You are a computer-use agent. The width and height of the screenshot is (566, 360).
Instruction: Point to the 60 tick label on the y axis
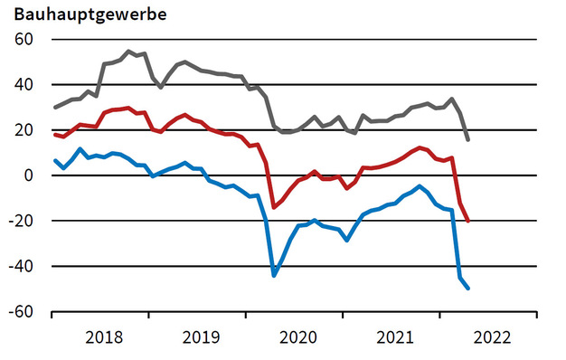[22, 40]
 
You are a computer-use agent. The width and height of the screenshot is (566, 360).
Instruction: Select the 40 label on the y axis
[22, 85]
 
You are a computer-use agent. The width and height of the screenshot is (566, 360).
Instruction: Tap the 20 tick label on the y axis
[22, 130]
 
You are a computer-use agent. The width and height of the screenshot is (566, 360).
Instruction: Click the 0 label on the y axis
[27, 175]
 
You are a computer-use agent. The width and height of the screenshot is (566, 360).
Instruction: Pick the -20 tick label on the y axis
[18, 222]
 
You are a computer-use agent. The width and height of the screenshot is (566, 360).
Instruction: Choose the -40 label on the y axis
[18, 267]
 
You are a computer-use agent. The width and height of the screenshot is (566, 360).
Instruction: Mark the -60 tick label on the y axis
[18, 312]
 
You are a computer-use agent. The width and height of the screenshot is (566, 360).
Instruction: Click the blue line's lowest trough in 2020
[275, 274]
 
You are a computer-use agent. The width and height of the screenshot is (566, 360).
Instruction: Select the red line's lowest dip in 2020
[275, 207]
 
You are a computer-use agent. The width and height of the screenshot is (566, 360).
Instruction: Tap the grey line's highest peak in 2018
[128, 52]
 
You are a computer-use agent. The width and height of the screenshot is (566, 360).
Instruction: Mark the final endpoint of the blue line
[467, 288]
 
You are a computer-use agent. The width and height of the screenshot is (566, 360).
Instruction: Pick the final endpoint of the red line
[467, 221]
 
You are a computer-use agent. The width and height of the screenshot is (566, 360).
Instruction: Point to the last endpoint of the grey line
[467, 139]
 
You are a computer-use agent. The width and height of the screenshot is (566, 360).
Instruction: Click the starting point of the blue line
[55, 160]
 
